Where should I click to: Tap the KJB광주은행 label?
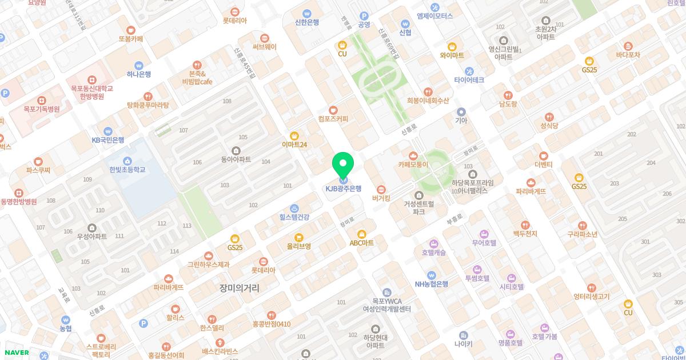(344, 189)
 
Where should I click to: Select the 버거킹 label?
(381, 198)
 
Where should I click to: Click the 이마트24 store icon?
(294, 136)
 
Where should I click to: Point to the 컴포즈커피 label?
(333, 119)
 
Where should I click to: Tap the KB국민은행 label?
(108, 140)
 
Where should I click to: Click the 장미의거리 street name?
(239, 288)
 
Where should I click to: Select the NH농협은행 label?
(432, 284)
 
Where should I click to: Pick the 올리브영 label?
(299, 246)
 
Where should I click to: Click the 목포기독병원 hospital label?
(41, 109)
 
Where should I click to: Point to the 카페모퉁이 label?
(413, 165)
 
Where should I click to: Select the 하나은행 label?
(139, 74)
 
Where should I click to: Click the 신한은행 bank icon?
(307, 14)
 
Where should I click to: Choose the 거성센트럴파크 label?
(418, 207)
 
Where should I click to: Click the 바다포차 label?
(628, 55)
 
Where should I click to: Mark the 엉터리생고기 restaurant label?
(592, 297)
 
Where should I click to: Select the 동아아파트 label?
(236, 159)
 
